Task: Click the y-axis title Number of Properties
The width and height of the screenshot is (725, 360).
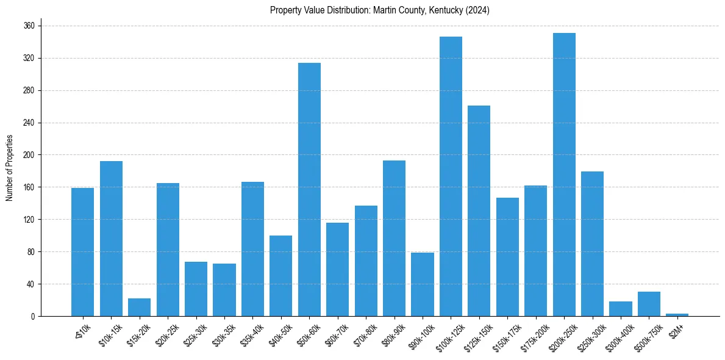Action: pos(10,168)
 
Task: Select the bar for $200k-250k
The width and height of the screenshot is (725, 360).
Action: pos(564,175)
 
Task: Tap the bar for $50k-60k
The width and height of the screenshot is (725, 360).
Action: pos(309,189)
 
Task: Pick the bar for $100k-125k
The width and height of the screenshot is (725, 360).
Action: pos(451,176)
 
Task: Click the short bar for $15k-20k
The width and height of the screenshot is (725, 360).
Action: pos(139,308)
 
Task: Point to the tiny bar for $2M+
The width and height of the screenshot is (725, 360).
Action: pos(677,315)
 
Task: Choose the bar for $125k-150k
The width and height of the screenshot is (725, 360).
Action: pos(479,211)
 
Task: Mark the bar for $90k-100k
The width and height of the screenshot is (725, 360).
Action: pos(423,284)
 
